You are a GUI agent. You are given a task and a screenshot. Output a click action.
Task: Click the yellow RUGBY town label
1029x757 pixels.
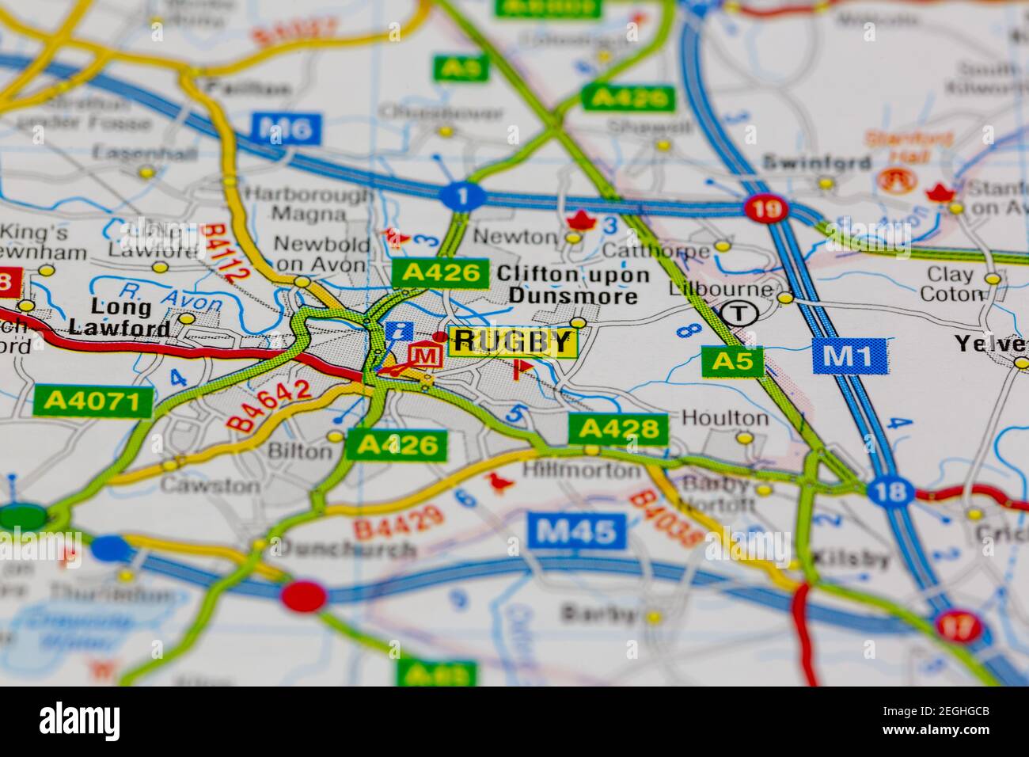pos(513,341)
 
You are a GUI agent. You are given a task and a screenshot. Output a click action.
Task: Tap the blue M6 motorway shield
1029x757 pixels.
pos(287,127)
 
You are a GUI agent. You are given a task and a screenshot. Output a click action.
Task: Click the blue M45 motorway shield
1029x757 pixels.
pos(577,531)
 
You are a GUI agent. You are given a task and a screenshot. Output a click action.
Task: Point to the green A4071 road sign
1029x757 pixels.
pos(93,401)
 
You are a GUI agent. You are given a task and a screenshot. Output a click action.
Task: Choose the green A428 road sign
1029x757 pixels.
pos(617,429)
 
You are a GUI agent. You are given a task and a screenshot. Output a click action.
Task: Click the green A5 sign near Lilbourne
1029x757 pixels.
pos(733,361)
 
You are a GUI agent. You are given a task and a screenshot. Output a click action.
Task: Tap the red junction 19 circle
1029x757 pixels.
pos(767,208)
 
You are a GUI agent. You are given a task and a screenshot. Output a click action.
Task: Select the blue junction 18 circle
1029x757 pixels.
pos(890,492)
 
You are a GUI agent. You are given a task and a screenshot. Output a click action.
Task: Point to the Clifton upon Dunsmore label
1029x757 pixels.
pos(573,286)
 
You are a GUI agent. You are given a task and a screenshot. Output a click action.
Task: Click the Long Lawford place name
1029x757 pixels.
pos(119,317)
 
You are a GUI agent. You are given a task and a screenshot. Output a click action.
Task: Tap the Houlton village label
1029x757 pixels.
pos(724,417)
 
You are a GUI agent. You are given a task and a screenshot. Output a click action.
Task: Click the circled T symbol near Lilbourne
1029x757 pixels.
pos(738,314)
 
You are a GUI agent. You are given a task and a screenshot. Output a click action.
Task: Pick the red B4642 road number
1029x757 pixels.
pos(269,405)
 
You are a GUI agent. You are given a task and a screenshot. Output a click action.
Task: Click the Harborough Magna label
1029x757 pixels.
pos(309,204)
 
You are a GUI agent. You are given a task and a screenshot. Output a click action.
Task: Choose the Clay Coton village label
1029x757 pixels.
pos(950,284)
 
